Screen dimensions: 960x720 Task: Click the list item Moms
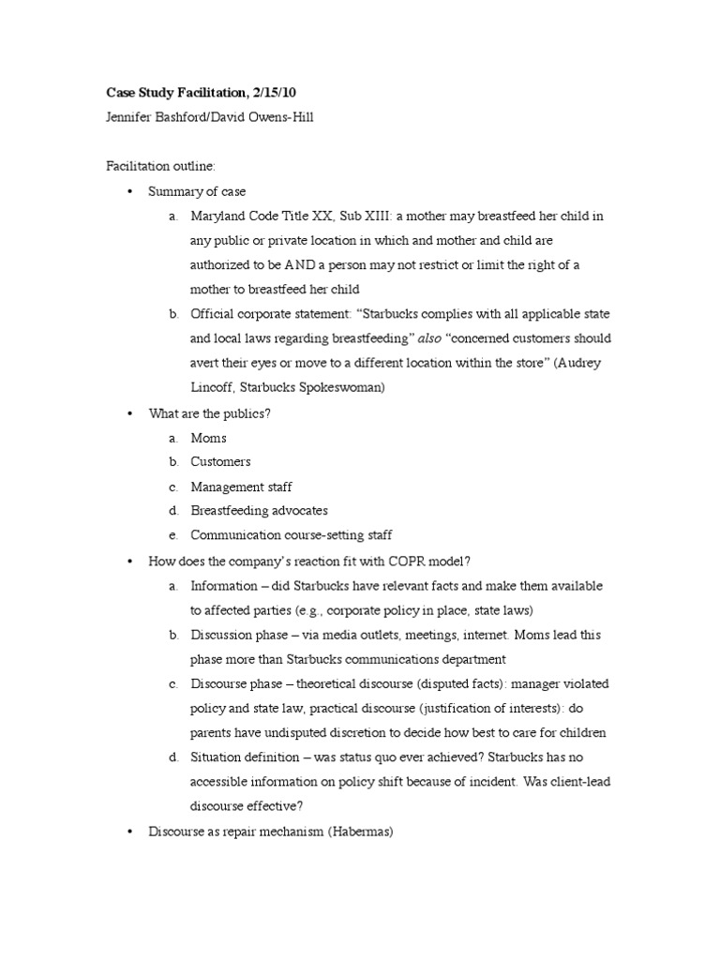pyautogui.click(x=208, y=438)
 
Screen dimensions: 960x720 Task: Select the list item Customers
pyautogui.click(x=220, y=462)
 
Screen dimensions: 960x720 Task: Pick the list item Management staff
pyautogui.click(x=241, y=487)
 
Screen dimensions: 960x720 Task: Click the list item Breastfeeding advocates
pyautogui.click(x=259, y=511)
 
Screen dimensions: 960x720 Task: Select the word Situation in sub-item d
pyautogui.click(x=218, y=756)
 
